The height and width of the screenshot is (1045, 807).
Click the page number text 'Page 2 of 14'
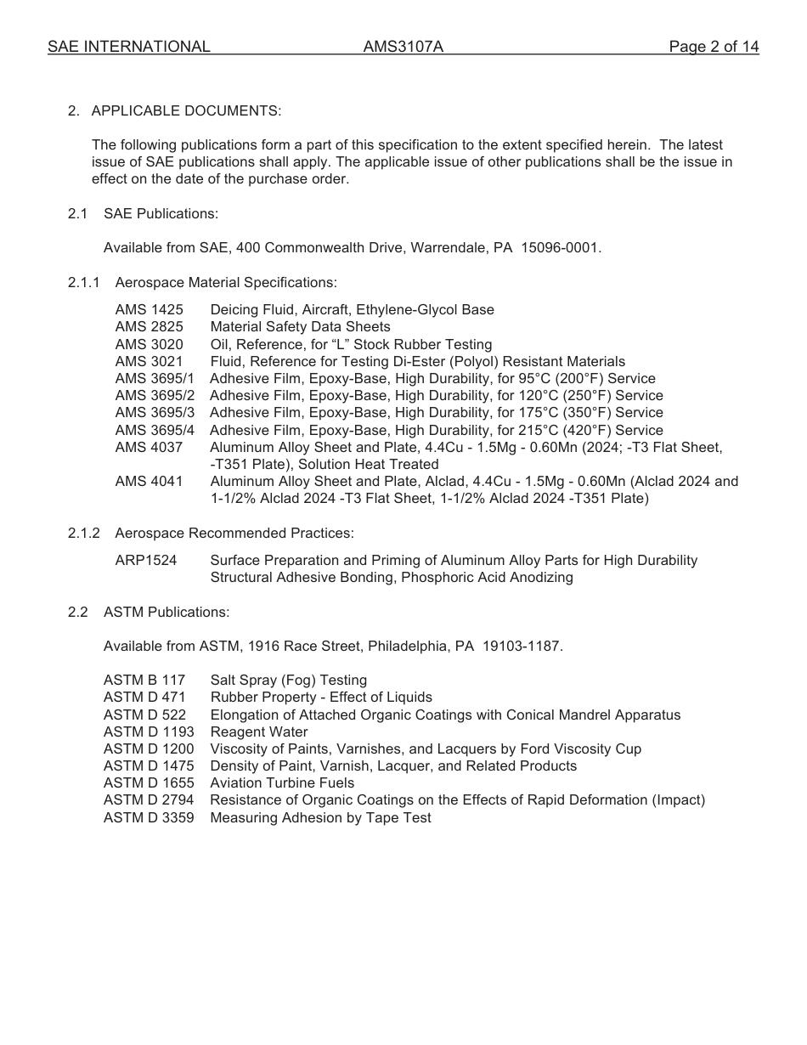point(714,47)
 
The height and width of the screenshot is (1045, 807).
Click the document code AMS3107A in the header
point(403,47)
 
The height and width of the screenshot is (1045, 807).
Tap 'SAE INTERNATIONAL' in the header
point(128,47)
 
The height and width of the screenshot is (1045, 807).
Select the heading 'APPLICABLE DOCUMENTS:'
point(186,110)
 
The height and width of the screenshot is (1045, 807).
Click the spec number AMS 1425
point(149,310)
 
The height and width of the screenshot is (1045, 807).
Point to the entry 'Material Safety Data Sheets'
point(300,327)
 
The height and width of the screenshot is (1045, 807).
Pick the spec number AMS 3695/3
point(155,413)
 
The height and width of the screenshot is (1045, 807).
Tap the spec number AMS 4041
point(149,482)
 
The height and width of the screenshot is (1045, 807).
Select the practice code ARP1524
point(146,561)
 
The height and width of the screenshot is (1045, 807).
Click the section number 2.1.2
point(84,533)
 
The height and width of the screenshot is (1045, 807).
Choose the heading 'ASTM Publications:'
point(166,612)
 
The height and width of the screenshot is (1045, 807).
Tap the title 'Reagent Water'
point(259,732)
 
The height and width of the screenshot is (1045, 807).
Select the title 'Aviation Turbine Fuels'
point(282,783)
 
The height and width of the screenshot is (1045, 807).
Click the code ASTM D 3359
point(149,818)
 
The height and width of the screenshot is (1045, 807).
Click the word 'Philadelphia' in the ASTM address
point(406,647)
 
